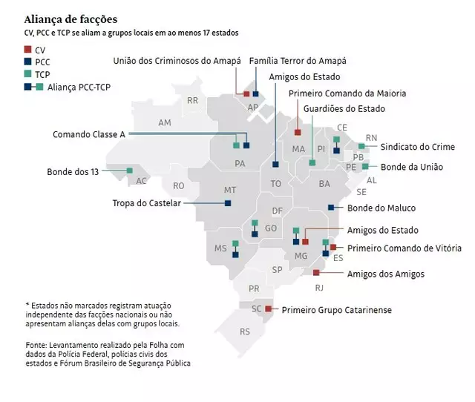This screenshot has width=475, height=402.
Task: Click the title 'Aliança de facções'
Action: click(x=71, y=19)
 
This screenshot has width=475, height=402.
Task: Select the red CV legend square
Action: click(x=28, y=50)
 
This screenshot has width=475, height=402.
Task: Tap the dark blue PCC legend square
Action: click(x=28, y=62)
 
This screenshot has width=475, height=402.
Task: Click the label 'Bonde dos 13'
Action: click(x=73, y=171)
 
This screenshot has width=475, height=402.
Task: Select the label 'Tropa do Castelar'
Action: click(x=146, y=202)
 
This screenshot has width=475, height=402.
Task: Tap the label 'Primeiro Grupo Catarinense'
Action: click(x=335, y=310)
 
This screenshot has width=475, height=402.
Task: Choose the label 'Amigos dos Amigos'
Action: click(x=386, y=274)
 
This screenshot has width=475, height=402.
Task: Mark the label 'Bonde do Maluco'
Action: click(x=381, y=208)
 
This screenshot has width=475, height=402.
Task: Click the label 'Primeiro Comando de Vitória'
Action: click(x=404, y=248)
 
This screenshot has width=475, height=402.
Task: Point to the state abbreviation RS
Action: click(x=244, y=332)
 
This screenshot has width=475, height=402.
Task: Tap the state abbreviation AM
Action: click(x=165, y=122)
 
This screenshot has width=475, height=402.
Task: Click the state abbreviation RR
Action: click(x=193, y=100)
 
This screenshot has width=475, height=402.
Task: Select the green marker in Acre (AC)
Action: click(x=130, y=171)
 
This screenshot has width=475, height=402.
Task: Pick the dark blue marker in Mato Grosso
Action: click(x=228, y=202)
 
